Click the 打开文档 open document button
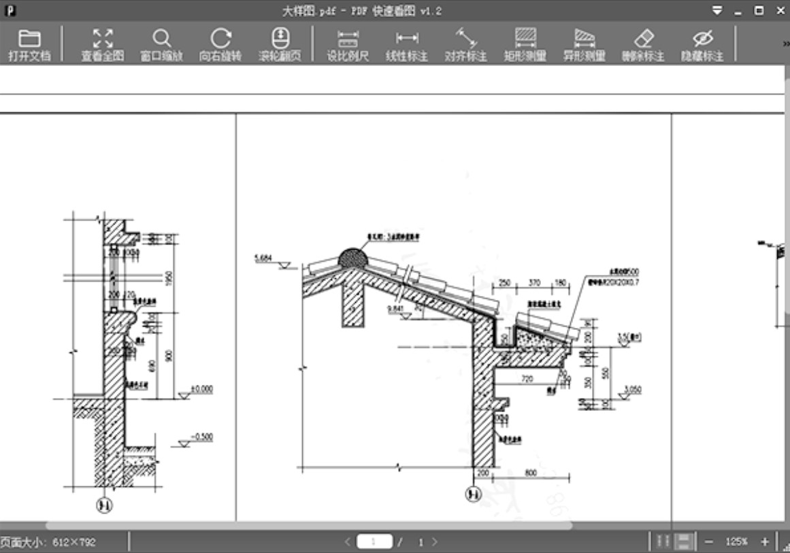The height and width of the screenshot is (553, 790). click(29, 45)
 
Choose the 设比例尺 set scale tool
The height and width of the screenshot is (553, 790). click(348, 45)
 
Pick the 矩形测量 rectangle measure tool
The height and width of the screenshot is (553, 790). click(525, 45)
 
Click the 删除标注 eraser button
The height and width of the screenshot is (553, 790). click(642, 45)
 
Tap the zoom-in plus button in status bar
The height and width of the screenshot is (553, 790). click(764, 542)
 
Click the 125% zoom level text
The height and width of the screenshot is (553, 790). click(736, 542)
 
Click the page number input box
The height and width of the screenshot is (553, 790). click(375, 542)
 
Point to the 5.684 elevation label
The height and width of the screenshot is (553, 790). click(261, 258)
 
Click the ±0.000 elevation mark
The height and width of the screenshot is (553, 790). click(201, 389)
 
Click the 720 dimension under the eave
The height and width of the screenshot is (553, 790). click(527, 378)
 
